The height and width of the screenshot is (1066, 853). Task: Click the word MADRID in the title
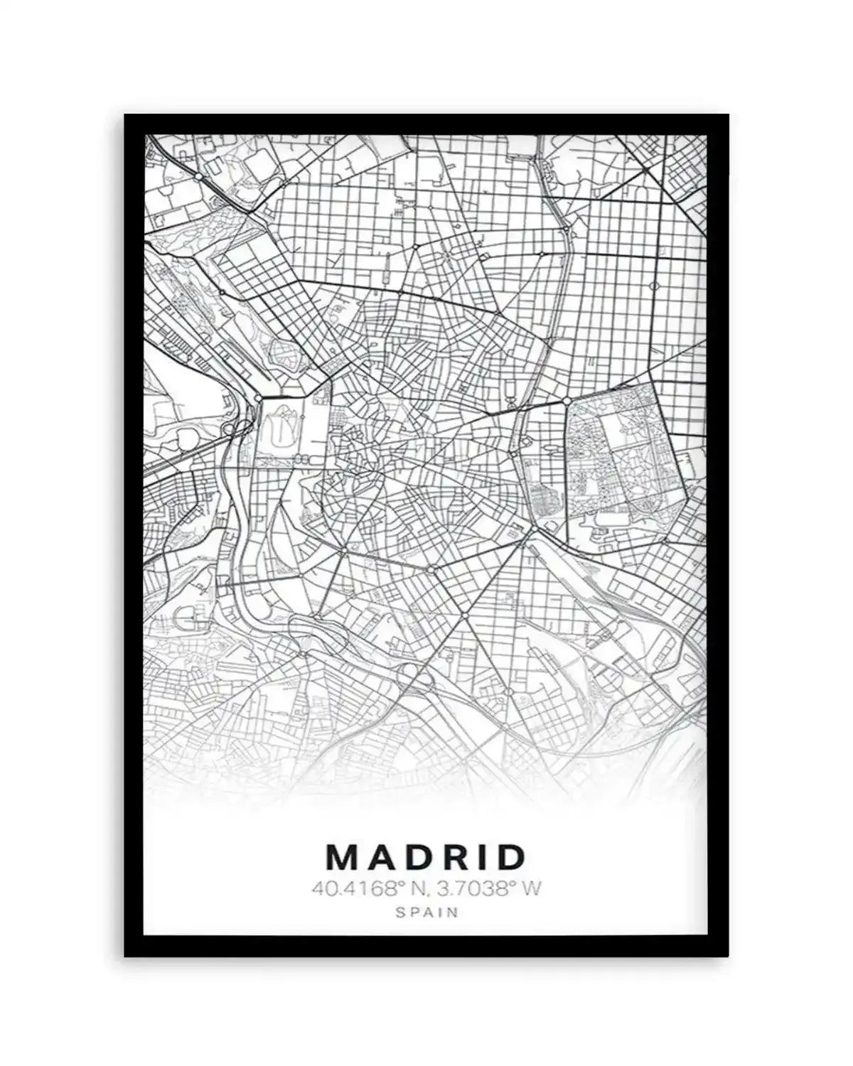[426, 857]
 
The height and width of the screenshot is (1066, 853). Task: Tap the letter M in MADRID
[343, 857]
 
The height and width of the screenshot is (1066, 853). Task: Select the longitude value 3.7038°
[475, 888]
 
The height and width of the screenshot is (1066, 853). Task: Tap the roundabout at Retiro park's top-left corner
[567, 402]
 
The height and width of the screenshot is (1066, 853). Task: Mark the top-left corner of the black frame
[126, 116]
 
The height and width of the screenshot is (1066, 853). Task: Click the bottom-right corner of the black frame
[728, 955]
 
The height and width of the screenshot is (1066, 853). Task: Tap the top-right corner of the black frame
[728, 116]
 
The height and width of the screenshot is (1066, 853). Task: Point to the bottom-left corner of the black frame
[126, 955]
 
